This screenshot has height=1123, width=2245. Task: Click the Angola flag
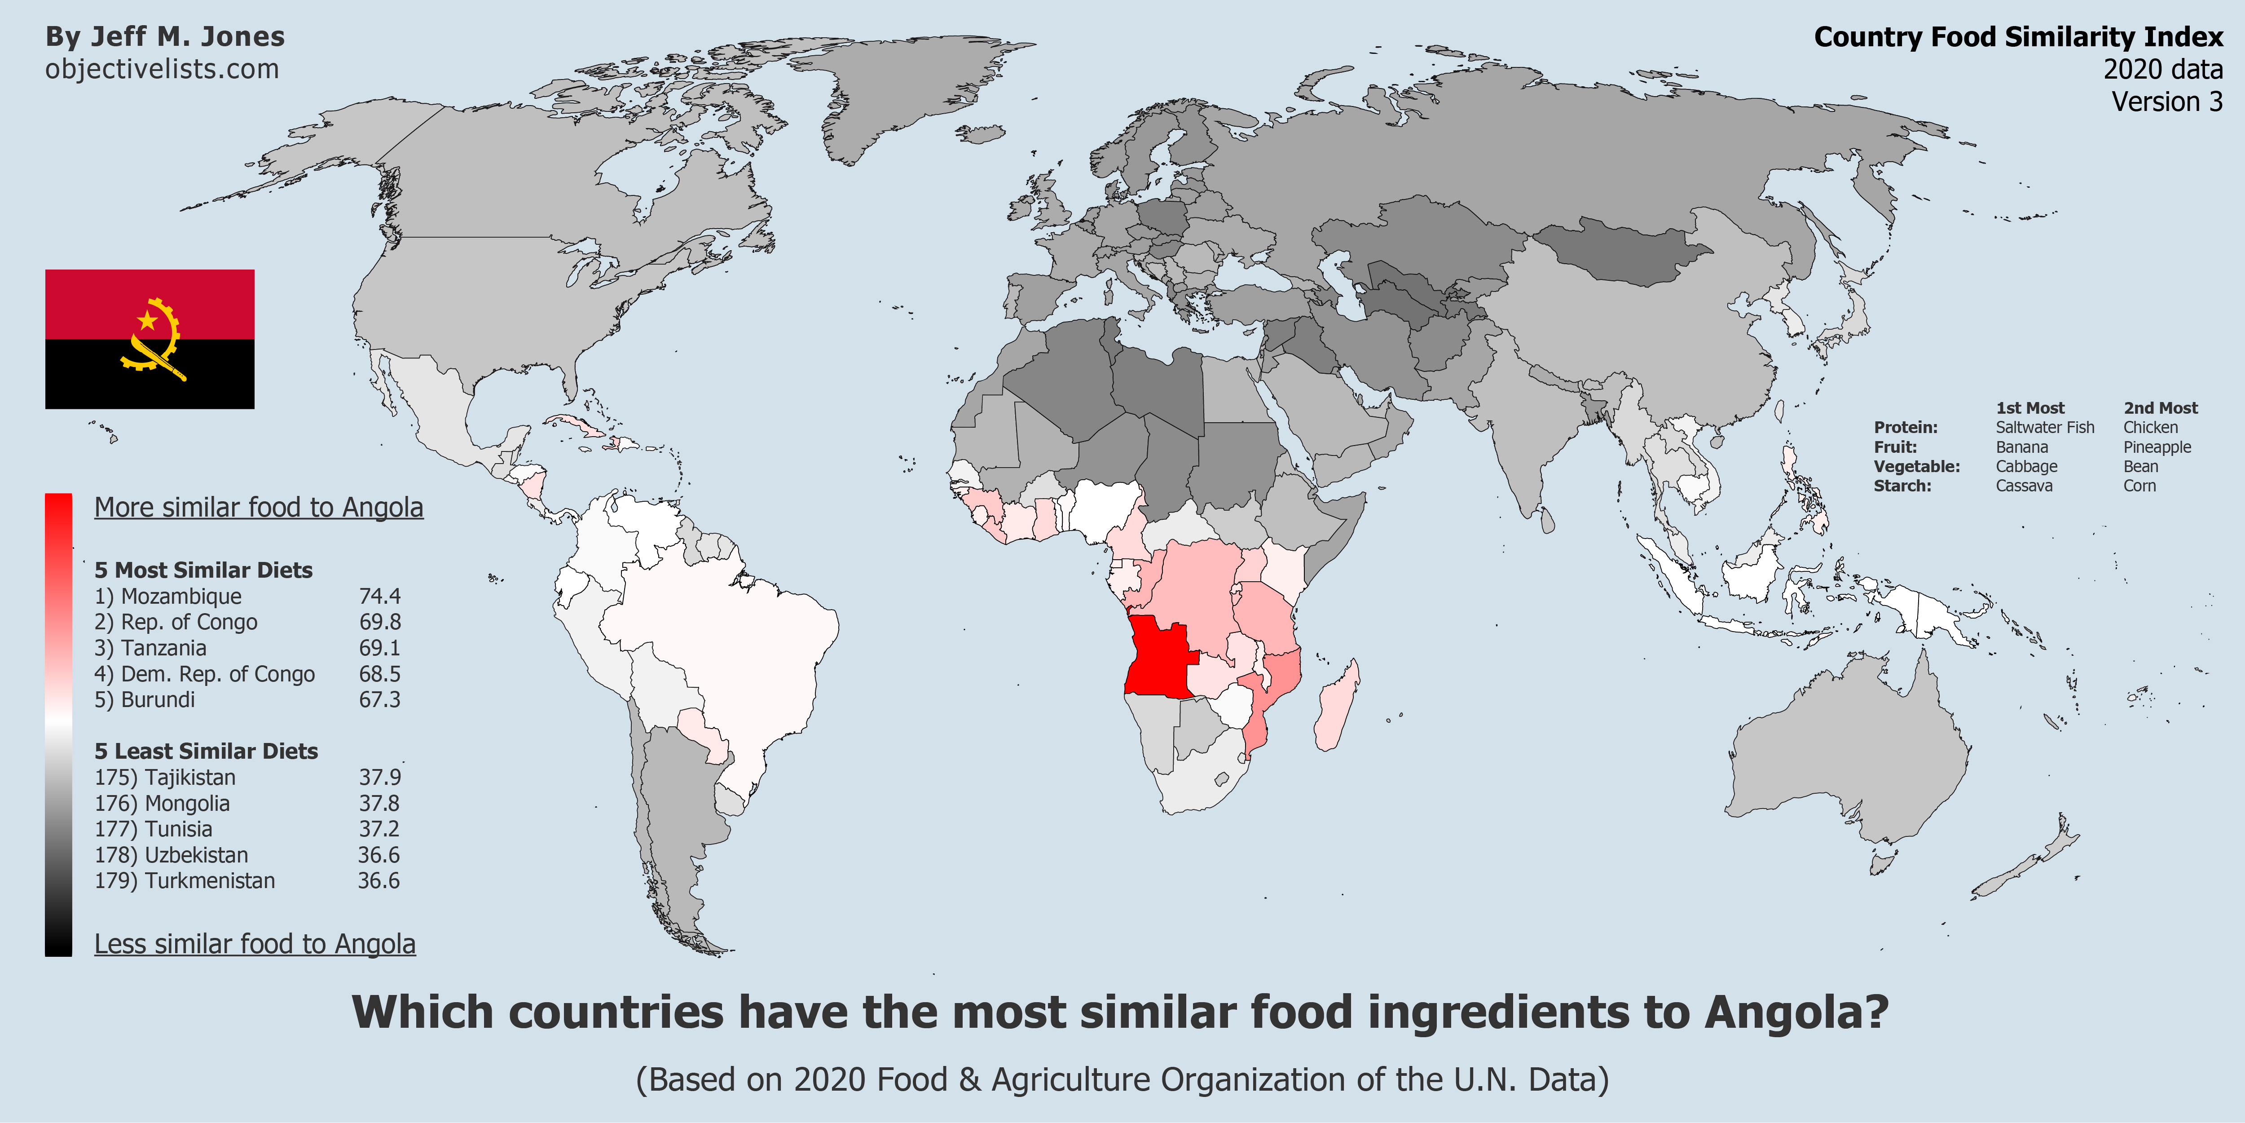[x=150, y=339]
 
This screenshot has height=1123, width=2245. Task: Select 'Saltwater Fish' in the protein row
[x=2045, y=427]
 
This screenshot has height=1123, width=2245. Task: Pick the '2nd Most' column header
[x=2161, y=408]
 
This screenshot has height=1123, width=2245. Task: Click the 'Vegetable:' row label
[x=1916, y=466]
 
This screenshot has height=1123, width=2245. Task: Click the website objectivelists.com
[x=162, y=69]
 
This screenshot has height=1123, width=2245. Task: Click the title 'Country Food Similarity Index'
[x=2018, y=37]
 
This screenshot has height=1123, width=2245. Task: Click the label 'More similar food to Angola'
[x=259, y=508]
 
